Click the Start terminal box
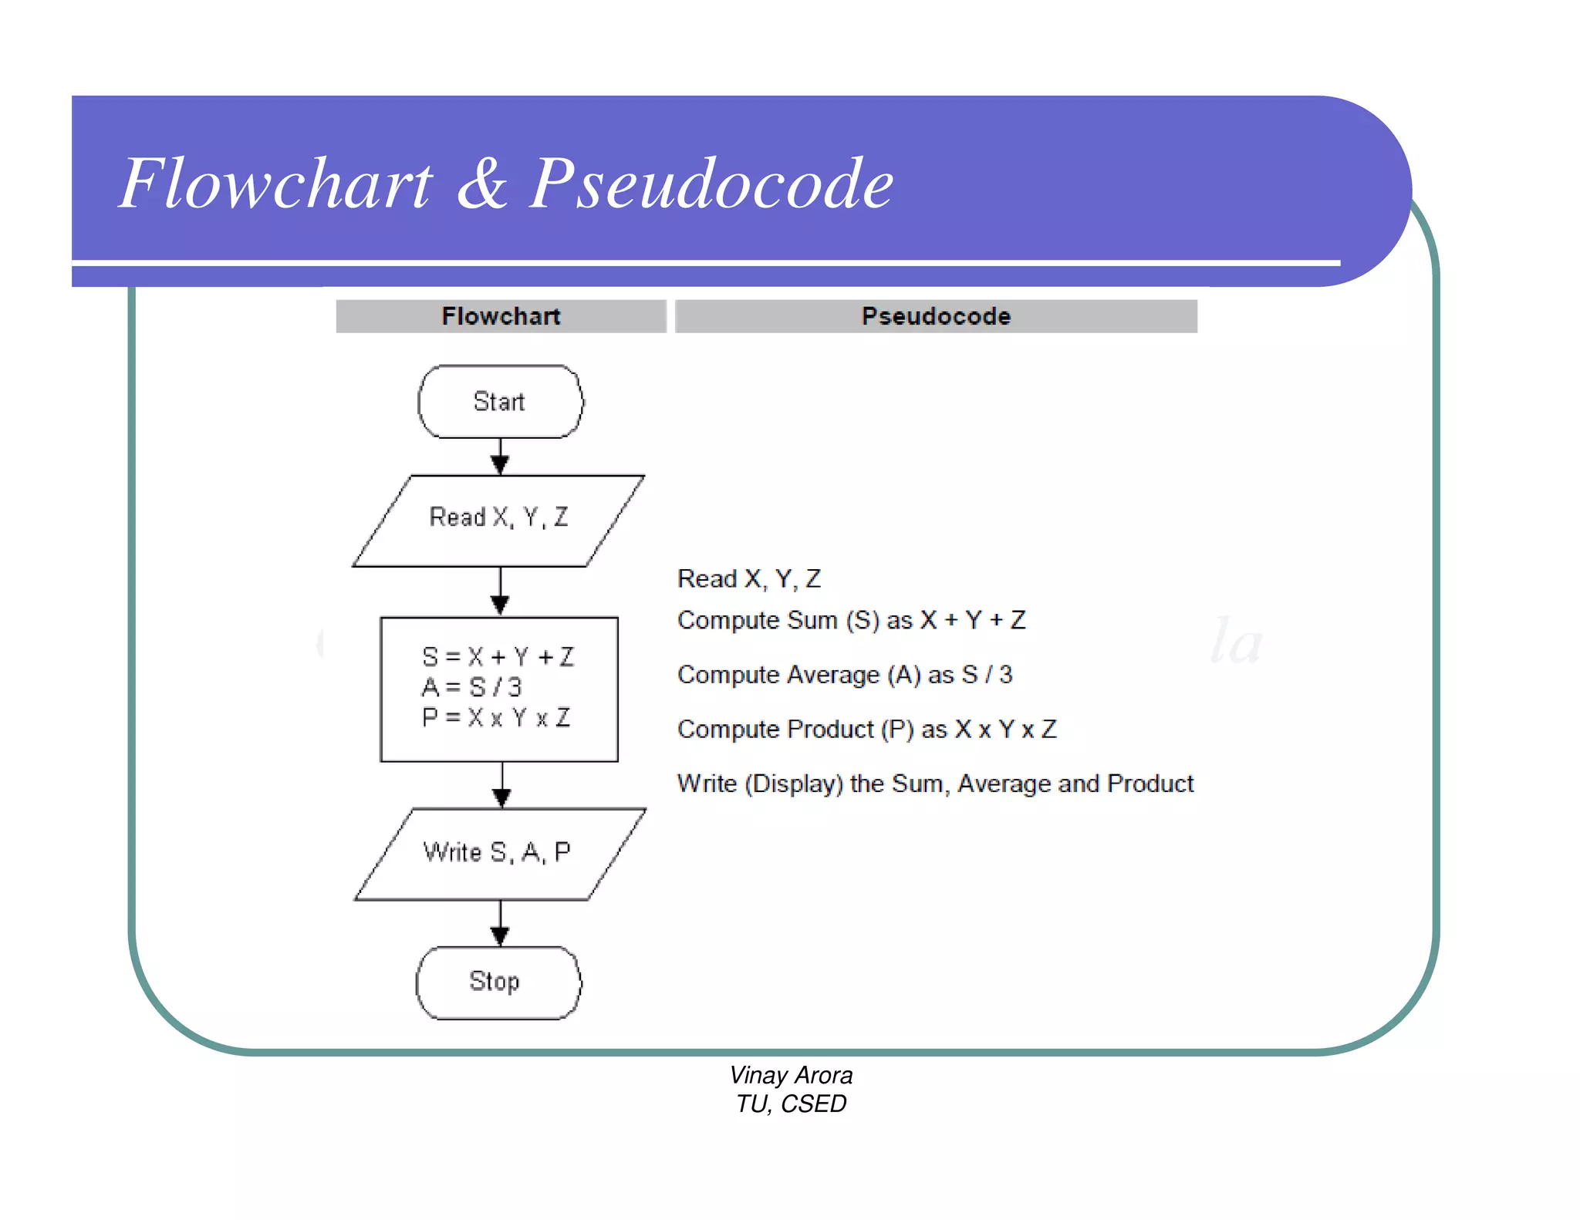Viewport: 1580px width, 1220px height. point(500,402)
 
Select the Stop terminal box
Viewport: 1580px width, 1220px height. point(498,982)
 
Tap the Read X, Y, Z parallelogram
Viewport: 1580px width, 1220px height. point(498,520)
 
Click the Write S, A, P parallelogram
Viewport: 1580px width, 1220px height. point(499,853)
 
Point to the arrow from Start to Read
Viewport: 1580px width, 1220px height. point(500,456)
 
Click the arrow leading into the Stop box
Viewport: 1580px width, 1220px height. point(500,923)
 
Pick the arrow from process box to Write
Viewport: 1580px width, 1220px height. point(502,785)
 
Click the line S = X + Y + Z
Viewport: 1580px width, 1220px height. point(498,657)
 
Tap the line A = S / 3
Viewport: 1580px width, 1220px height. point(472,686)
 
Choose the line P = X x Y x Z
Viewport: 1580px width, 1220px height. point(496,718)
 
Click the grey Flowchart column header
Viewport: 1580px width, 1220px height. point(501,316)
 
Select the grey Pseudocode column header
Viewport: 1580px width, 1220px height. point(936,316)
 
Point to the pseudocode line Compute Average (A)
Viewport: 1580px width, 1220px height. point(844,675)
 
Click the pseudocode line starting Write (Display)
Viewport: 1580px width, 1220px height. point(935,784)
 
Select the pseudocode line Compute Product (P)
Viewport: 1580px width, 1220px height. point(866,729)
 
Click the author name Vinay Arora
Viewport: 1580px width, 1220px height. point(791,1075)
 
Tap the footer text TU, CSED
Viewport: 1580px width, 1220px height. point(791,1104)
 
